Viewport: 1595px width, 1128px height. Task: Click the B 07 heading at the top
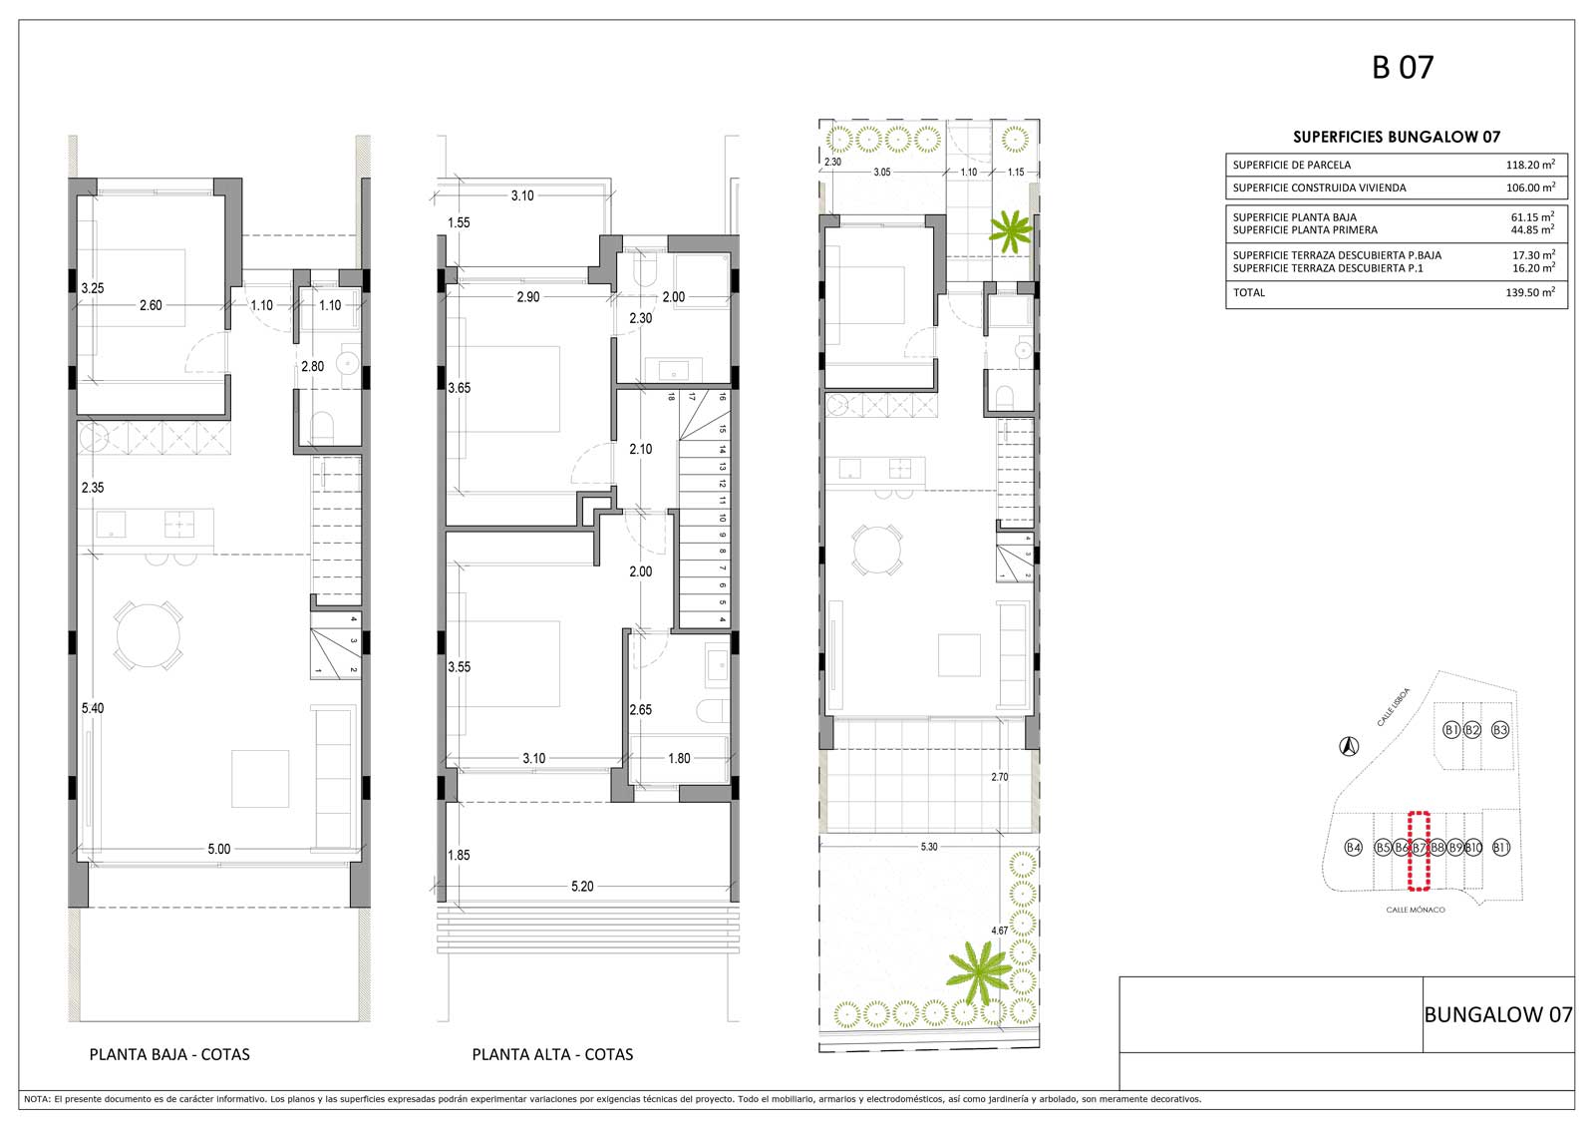(1402, 67)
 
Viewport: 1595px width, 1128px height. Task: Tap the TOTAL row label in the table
(1249, 292)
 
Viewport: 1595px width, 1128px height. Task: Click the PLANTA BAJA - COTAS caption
(169, 1054)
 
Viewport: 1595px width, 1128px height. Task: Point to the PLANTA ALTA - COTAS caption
(552, 1054)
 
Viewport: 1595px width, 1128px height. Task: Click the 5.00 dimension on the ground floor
(219, 849)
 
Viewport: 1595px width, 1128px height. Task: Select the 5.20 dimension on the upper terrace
(582, 886)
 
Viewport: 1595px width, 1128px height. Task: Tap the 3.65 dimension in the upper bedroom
(460, 388)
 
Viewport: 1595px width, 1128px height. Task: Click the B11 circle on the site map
(1501, 848)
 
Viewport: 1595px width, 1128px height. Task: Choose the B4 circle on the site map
(1353, 848)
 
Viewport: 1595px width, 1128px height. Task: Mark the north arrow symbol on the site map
(1349, 747)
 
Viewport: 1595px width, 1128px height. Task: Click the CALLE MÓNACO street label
(1416, 910)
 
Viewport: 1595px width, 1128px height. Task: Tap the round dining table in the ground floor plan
(149, 635)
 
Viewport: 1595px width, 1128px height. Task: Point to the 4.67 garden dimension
(999, 931)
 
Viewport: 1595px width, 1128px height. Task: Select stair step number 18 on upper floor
(671, 397)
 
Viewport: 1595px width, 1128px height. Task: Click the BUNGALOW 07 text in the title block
(1498, 1014)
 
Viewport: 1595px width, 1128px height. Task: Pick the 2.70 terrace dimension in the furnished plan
(1000, 777)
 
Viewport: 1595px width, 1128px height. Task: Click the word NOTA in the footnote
(36, 1099)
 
